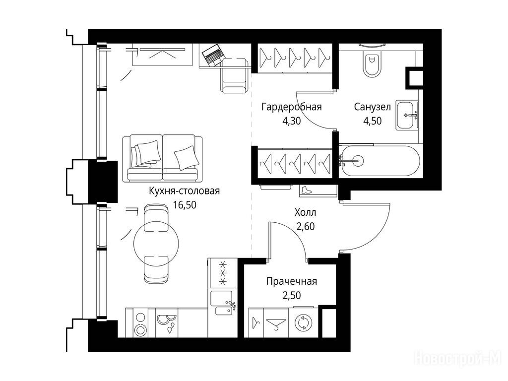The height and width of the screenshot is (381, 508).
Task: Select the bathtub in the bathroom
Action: click(x=379, y=161)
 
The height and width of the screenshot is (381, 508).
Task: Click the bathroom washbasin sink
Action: click(x=407, y=115)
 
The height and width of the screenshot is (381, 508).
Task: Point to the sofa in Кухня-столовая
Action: click(x=163, y=158)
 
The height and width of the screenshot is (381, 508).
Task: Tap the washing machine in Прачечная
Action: click(x=303, y=323)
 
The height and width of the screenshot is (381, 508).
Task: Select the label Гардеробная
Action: click(x=291, y=107)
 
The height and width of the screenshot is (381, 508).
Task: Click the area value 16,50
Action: click(x=185, y=205)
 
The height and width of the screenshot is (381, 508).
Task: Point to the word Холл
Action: click(x=305, y=212)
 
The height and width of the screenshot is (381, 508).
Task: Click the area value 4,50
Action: click(x=372, y=121)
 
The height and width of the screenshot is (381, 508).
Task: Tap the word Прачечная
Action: click(x=291, y=282)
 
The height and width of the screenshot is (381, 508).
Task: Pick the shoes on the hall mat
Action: click(x=306, y=190)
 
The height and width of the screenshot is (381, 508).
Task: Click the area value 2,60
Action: click(x=306, y=226)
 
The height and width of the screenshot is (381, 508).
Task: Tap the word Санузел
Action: click(x=372, y=107)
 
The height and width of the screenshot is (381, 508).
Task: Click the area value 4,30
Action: click(x=292, y=121)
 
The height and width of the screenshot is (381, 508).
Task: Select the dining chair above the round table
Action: click(x=156, y=217)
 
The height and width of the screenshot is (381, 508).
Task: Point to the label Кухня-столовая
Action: click(x=185, y=191)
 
